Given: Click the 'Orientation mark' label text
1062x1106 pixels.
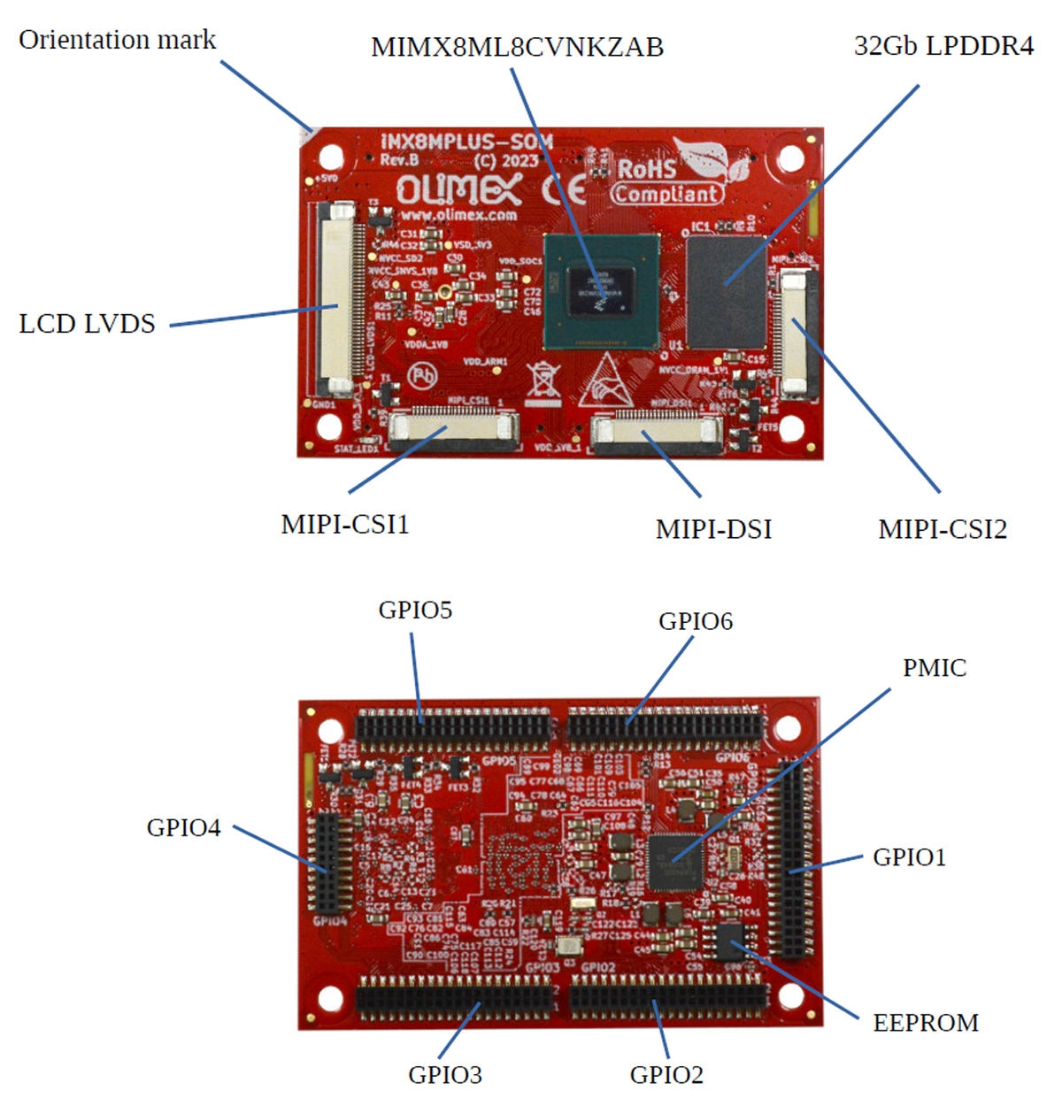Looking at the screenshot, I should pos(117,40).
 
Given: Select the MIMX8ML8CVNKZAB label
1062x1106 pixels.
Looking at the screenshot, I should pos(517,47).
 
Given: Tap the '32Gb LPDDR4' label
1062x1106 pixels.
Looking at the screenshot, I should pos(943,46).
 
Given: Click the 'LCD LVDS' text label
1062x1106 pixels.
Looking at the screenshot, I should pos(87,324).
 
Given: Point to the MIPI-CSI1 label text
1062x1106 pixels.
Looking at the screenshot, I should pos(345,525).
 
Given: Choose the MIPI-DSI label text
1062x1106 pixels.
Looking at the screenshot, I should pos(713,529).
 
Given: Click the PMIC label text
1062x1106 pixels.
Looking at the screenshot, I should pos(934,668).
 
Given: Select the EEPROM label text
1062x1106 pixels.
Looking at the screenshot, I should pos(926,1023).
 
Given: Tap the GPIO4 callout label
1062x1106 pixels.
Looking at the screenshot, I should pos(183,828).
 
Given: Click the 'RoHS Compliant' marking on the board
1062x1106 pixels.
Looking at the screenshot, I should pos(668,181).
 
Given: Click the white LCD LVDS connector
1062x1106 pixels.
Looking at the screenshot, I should pos(339,299).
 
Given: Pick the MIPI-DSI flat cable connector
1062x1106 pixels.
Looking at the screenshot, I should pos(657,432).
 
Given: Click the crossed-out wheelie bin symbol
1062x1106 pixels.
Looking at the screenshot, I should pos(543,381).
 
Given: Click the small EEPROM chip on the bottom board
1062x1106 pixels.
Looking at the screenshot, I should pos(730,942).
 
